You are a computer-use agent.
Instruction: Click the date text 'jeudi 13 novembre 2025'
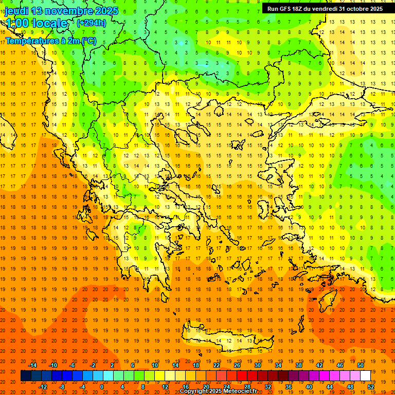point(62,11)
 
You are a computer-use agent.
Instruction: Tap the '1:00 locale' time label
point(37,23)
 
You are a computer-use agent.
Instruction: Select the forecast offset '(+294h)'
point(92,23)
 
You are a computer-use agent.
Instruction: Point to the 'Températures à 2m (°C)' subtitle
point(51,40)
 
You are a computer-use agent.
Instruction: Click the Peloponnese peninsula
point(144,257)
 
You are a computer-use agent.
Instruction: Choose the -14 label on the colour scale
point(32,365)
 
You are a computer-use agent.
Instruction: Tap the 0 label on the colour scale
point(101,387)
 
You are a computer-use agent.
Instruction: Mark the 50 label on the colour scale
point(361,365)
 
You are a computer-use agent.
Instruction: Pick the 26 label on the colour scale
point(237,365)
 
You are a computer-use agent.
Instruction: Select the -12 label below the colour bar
point(43,387)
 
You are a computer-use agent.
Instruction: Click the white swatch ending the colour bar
point(365,376)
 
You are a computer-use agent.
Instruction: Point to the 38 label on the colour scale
point(299,365)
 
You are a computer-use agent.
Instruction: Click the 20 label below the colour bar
point(206,387)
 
